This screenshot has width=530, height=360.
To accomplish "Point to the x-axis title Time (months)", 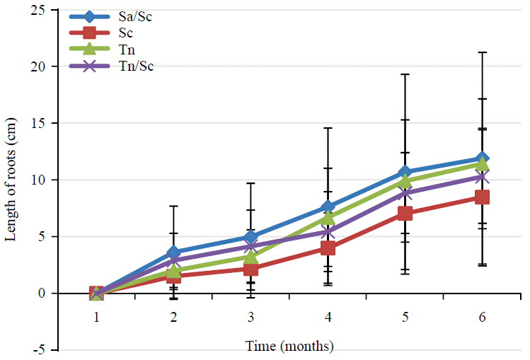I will [289, 347].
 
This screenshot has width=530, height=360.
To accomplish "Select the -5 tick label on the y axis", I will [42, 350].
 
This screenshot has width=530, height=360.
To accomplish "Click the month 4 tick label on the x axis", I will [328, 318].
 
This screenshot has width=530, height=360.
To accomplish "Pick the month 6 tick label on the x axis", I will [482, 318].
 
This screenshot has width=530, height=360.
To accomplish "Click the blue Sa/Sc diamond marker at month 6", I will [482, 158].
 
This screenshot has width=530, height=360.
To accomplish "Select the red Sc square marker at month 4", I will [328, 248].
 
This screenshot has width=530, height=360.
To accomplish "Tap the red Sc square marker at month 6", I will [482, 197].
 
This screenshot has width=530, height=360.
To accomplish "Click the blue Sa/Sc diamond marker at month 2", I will [173, 252].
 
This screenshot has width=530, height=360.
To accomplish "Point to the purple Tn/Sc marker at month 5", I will [405, 193].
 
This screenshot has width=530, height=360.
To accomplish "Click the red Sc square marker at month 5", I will [405, 213].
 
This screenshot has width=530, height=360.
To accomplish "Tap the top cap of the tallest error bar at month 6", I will [482, 52].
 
